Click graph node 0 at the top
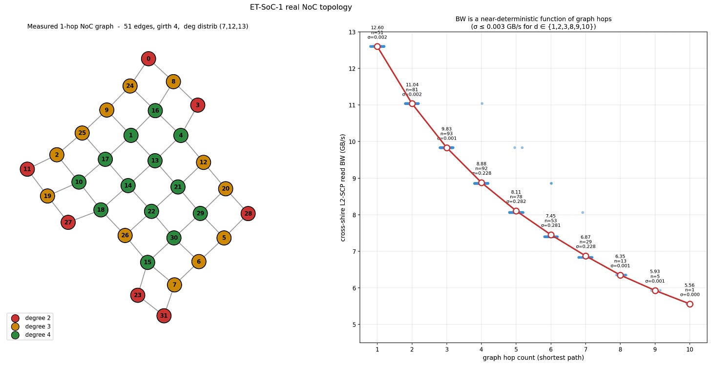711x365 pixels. pyautogui.click(x=148, y=59)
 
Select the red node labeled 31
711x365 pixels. pyautogui.click(x=164, y=316)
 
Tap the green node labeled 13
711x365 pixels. pyautogui.click(x=155, y=160)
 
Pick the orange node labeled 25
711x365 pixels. pyautogui.click(x=82, y=133)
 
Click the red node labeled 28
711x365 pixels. pyautogui.click(x=248, y=213)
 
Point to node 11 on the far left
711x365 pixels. pyautogui.click(x=27, y=169)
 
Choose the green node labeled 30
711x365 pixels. pyautogui.click(x=173, y=238)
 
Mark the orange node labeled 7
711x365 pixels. pyautogui.click(x=174, y=284)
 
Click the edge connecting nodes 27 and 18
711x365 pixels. pyautogui.click(x=84, y=216)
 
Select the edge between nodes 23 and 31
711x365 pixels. pyautogui.click(x=151, y=305)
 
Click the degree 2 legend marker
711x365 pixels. pyautogui.click(x=15, y=318)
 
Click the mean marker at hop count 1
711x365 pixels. pyautogui.click(x=377, y=46)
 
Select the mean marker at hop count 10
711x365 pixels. pyautogui.click(x=690, y=304)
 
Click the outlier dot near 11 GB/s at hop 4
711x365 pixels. pyautogui.click(x=482, y=103)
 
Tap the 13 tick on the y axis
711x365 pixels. pyautogui.click(x=352, y=32)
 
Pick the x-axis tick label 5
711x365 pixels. pyautogui.click(x=516, y=349)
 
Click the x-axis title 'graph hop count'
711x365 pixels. pyautogui.click(x=533, y=358)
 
